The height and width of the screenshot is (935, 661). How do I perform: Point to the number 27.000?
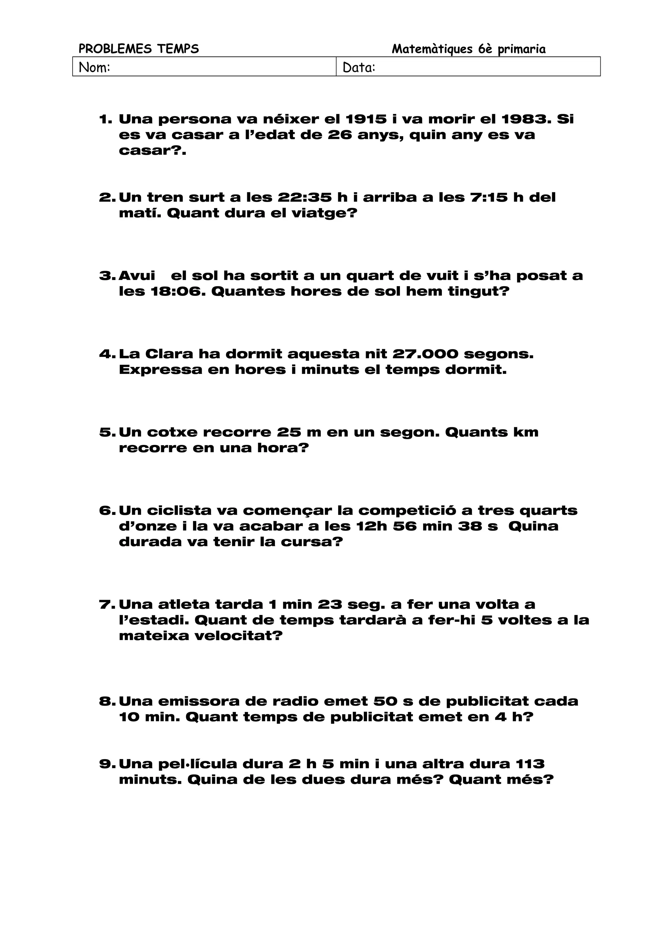click(425, 354)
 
